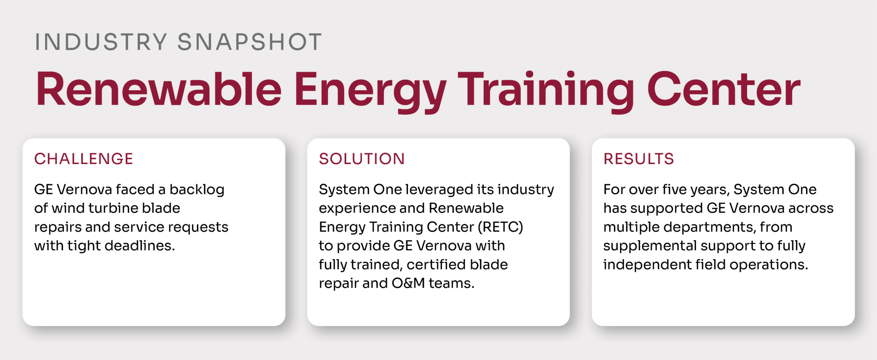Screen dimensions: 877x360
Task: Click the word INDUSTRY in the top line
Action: click(x=101, y=42)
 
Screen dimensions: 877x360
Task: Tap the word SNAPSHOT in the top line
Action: click(x=250, y=42)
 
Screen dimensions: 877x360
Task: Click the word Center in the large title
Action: click(x=724, y=89)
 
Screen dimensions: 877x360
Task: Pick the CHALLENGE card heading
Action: click(x=84, y=159)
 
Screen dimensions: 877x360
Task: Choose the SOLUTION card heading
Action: click(x=362, y=159)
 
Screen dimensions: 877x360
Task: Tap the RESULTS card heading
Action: click(x=639, y=159)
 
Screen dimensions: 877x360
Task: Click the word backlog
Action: click(x=197, y=190)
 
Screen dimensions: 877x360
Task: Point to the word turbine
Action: click(x=113, y=208)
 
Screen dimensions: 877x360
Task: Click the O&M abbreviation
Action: click(x=408, y=283)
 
